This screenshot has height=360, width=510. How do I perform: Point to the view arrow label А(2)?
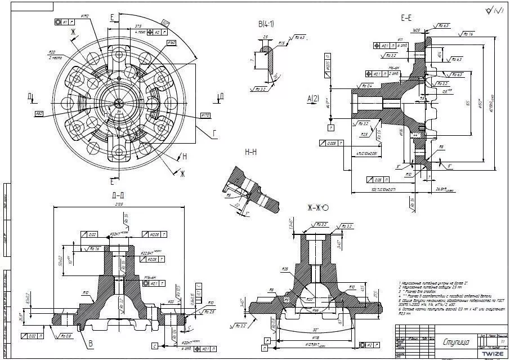(x=313, y=99)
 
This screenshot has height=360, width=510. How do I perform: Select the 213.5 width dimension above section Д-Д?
(x=119, y=205)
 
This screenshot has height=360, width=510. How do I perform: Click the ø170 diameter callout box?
(x=205, y=116)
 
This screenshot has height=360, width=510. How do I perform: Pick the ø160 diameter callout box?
(x=171, y=43)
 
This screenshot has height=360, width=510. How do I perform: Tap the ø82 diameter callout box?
(x=39, y=114)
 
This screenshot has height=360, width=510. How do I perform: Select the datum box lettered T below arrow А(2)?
(x=331, y=128)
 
